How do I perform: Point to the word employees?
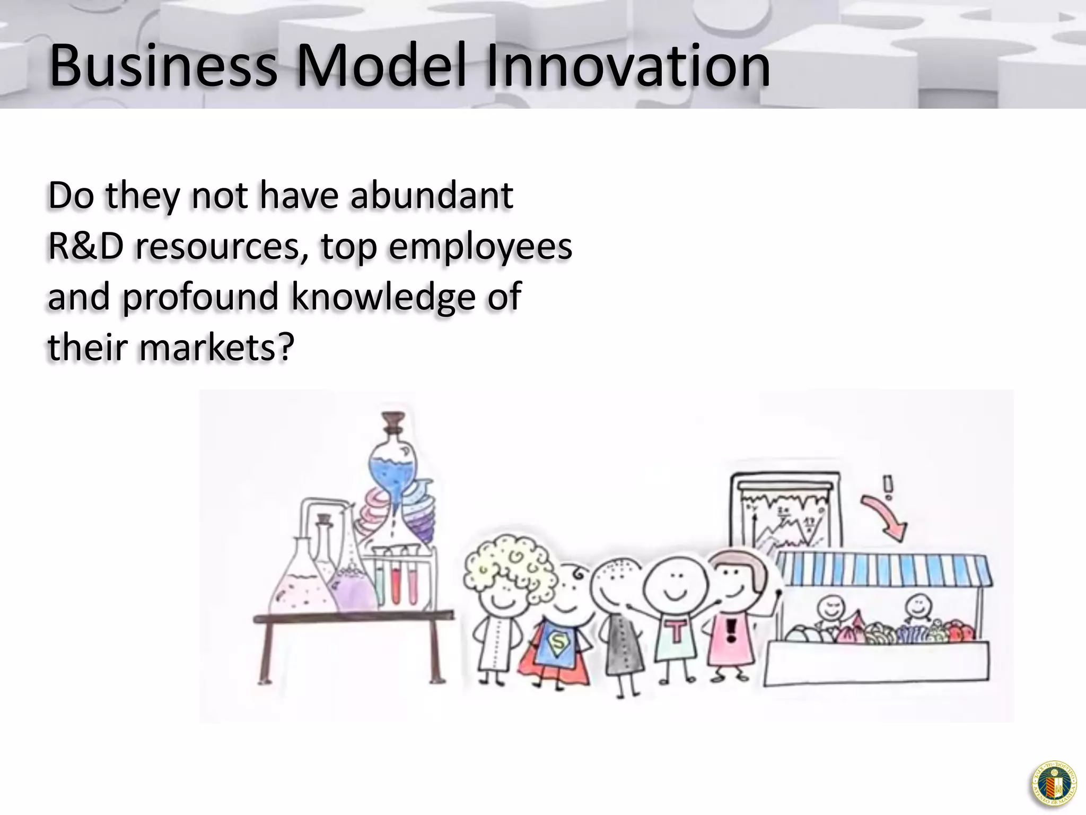tap(480, 247)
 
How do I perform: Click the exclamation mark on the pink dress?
tap(731, 631)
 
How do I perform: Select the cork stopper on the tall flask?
tap(393, 422)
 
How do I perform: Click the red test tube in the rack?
tap(398, 584)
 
